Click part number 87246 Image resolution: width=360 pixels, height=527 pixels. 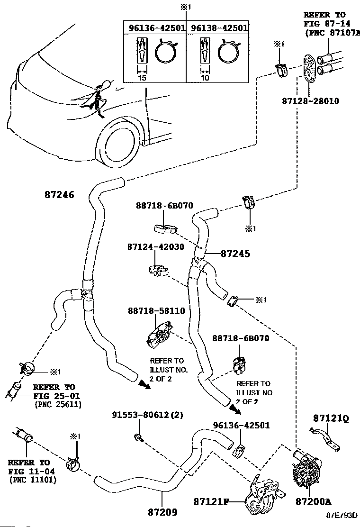point(59,194)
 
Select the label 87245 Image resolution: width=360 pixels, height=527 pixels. point(235,254)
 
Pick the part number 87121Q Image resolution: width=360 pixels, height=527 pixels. point(330,418)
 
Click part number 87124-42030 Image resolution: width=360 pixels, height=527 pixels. point(156,247)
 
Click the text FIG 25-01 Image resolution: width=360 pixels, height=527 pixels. point(56,396)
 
